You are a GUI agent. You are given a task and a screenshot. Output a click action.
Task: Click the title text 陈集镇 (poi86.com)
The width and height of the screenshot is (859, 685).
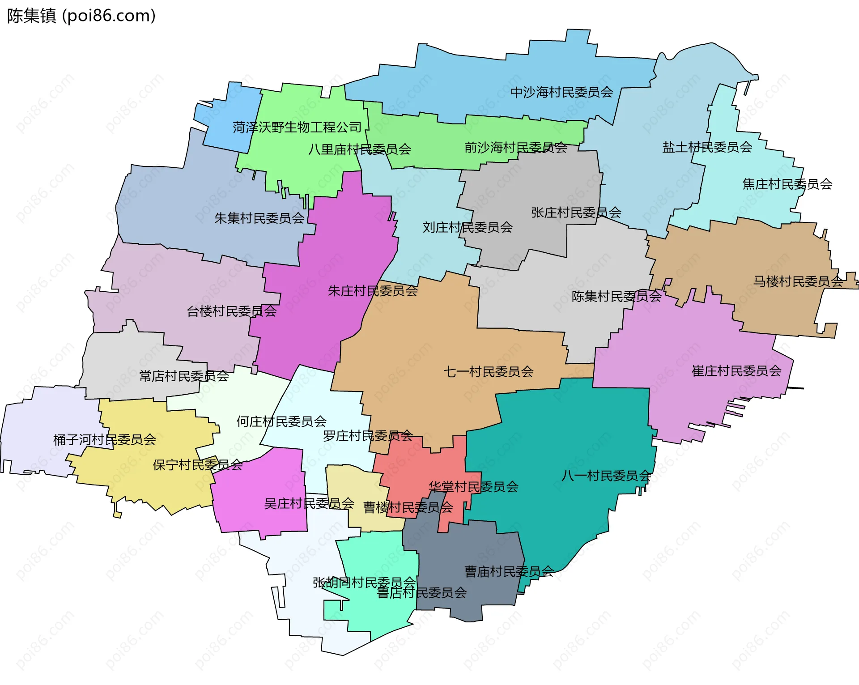pyautogui.click(x=81, y=16)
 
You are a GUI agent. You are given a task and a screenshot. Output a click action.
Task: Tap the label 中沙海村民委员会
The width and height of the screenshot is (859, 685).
pyautogui.click(x=561, y=92)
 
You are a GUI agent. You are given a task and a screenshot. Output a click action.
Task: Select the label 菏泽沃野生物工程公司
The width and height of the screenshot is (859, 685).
pyautogui.click(x=297, y=128)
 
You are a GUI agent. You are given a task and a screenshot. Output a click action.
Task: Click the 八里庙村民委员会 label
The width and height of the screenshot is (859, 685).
pyautogui.click(x=359, y=149)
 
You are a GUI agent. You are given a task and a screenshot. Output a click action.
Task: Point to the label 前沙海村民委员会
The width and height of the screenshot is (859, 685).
pyautogui.click(x=515, y=147)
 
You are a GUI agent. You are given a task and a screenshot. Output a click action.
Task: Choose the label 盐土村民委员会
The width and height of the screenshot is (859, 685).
pyautogui.click(x=707, y=147)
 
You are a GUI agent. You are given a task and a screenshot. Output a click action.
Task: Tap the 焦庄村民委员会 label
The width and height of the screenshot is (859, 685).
pyautogui.click(x=787, y=184)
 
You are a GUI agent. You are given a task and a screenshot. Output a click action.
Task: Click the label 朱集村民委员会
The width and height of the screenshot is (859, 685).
pyautogui.click(x=259, y=218)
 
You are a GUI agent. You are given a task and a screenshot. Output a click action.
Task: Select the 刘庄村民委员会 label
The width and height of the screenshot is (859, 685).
pyautogui.click(x=468, y=227)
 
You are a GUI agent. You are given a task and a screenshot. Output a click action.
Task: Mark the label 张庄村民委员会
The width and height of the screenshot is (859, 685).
pyautogui.click(x=576, y=213)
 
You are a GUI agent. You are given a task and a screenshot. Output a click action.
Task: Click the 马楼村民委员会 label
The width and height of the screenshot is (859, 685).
pyautogui.click(x=798, y=281)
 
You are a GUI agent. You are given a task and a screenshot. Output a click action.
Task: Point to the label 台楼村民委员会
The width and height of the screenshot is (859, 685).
pyautogui.click(x=231, y=311)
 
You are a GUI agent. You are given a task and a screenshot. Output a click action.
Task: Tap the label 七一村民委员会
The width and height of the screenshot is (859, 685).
pyautogui.click(x=488, y=371)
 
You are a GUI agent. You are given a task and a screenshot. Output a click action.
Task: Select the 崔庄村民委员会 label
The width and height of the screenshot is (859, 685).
pyautogui.click(x=736, y=370)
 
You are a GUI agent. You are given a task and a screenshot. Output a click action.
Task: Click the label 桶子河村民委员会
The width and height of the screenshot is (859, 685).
pyautogui.click(x=104, y=439)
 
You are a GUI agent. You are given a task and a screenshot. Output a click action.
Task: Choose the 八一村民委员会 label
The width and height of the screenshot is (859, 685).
pyautogui.click(x=606, y=476)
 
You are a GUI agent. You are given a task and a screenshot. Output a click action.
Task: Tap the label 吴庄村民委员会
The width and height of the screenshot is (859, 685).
pyautogui.click(x=309, y=503)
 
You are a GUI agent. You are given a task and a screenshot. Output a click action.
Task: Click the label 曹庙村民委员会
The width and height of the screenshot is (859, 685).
pyautogui.click(x=509, y=571)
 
